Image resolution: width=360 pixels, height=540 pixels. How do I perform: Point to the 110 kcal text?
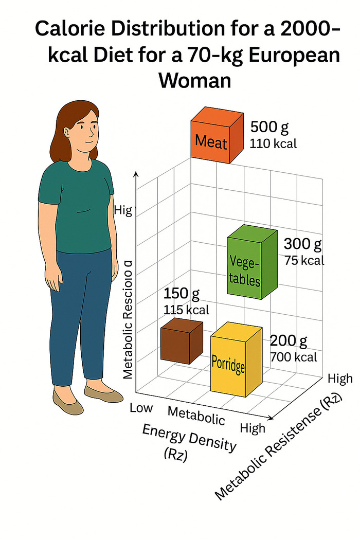coord(273,144)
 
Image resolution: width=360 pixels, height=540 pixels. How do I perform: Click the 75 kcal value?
coord(304,260)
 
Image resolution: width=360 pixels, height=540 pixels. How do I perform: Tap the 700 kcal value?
coord(294,357)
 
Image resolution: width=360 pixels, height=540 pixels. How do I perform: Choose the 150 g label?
coord(182,295)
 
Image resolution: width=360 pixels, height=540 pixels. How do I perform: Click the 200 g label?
coord(289,340)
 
